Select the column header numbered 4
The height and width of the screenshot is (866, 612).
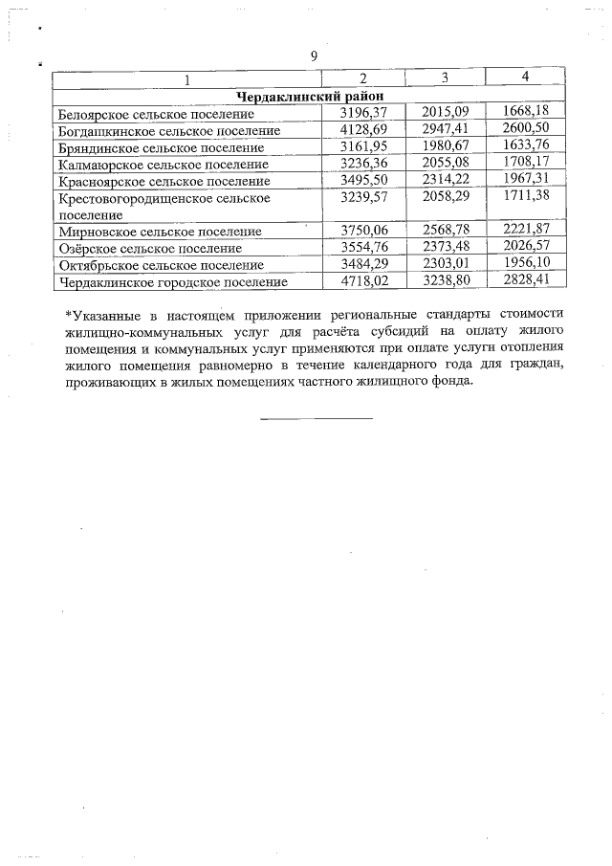(x=525, y=76)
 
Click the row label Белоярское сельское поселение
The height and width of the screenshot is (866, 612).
(x=152, y=114)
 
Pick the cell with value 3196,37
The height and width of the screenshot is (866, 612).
(x=363, y=113)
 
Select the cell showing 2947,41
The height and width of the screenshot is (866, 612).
(x=446, y=129)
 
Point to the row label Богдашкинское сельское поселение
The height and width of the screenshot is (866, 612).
(x=169, y=131)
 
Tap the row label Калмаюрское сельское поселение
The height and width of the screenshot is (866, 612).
(x=158, y=165)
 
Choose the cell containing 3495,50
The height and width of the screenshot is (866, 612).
(x=363, y=180)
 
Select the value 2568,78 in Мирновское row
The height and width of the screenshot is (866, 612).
(x=446, y=231)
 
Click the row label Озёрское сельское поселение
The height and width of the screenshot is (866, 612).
(x=149, y=249)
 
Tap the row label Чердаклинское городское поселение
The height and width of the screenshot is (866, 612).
(x=173, y=282)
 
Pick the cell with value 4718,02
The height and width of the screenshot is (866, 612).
(x=363, y=281)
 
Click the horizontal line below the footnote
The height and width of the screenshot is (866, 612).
(x=317, y=418)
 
